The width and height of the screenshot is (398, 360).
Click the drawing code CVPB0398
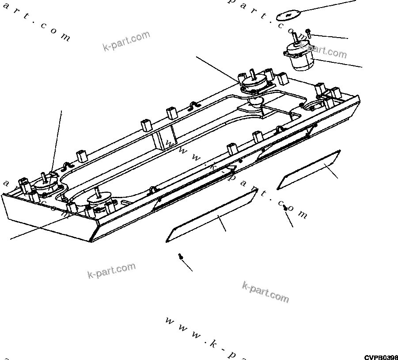pos(381,356)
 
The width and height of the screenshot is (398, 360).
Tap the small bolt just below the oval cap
pos(308,34)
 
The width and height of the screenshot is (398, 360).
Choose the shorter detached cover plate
pos(309,169)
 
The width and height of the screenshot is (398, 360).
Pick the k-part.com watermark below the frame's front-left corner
pos(111,271)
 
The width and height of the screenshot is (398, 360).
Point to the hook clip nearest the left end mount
pos(67,167)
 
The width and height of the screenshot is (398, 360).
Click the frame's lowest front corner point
pos(90,241)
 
